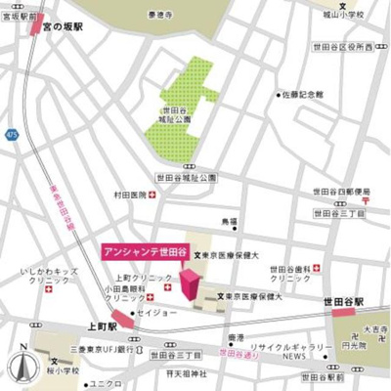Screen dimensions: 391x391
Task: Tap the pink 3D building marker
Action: (x=192, y=284)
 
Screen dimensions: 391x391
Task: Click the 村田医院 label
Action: (x=129, y=195)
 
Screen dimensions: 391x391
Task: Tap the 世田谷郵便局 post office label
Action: (x=337, y=191)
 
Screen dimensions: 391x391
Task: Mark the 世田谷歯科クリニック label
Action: (x=290, y=274)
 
